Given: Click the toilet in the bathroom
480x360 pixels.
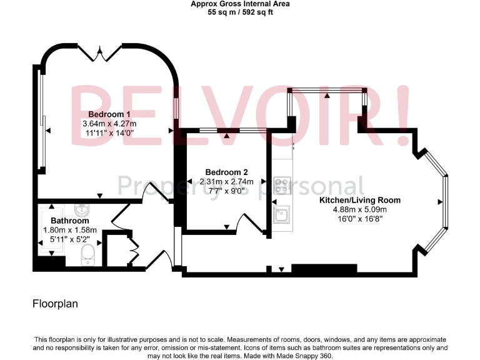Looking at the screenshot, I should (89, 253).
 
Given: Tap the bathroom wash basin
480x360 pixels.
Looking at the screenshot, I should (81, 209).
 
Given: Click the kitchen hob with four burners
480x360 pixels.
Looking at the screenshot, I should (282, 186).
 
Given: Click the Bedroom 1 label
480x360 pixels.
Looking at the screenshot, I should (109, 114).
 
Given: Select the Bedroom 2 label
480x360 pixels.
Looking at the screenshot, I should (226, 172).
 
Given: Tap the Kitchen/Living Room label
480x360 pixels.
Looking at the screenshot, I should (360, 200).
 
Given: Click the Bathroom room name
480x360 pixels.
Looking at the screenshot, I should (69, 221).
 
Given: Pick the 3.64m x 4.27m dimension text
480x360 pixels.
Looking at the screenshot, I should (109, 124).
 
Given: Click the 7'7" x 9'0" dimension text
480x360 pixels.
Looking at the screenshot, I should (226, 191).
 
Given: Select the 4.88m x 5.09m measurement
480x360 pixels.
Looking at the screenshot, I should (360, 209).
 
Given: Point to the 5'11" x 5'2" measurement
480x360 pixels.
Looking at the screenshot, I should (69, 239).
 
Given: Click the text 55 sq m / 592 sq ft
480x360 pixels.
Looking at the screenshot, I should (240, 11).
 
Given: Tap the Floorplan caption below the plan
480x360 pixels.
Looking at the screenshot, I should (55, 304).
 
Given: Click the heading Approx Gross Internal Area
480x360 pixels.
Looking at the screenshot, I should (240, 4).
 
